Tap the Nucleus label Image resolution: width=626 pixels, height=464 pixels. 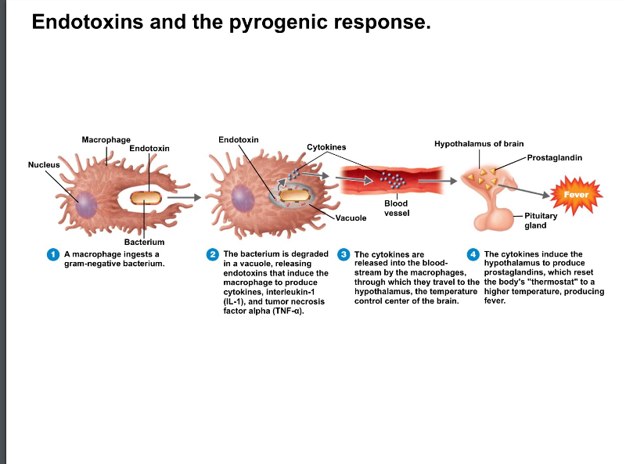(x=44, y=164)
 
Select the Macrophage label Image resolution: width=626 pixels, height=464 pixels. (x=106, y=139)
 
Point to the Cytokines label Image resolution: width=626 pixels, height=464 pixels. (x=326, y=147)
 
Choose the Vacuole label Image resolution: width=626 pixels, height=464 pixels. (x=351, y=218)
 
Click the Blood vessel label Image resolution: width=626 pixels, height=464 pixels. (x=396, y=207)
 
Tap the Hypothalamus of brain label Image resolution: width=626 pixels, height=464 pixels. (x=479, y=144)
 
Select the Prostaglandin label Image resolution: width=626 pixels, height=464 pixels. (x=554, y=157)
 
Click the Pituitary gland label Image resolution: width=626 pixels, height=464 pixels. (x=541, y=220)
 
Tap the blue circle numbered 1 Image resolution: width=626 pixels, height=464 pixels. (x=53, y=254)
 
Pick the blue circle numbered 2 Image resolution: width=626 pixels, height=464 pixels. (x=212, y=254)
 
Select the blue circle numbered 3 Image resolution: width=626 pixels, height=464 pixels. (x=344, y=254)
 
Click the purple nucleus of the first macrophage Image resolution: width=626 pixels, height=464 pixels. (x=86, y=205)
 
